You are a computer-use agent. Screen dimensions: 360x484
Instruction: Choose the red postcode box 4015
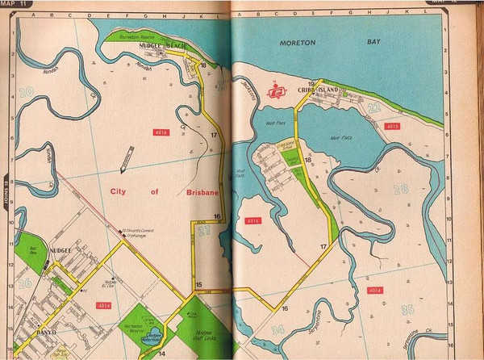(393, 127)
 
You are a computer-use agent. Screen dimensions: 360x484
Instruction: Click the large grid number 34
(277, 329)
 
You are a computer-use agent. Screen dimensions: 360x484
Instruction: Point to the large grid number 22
(373, 107)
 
